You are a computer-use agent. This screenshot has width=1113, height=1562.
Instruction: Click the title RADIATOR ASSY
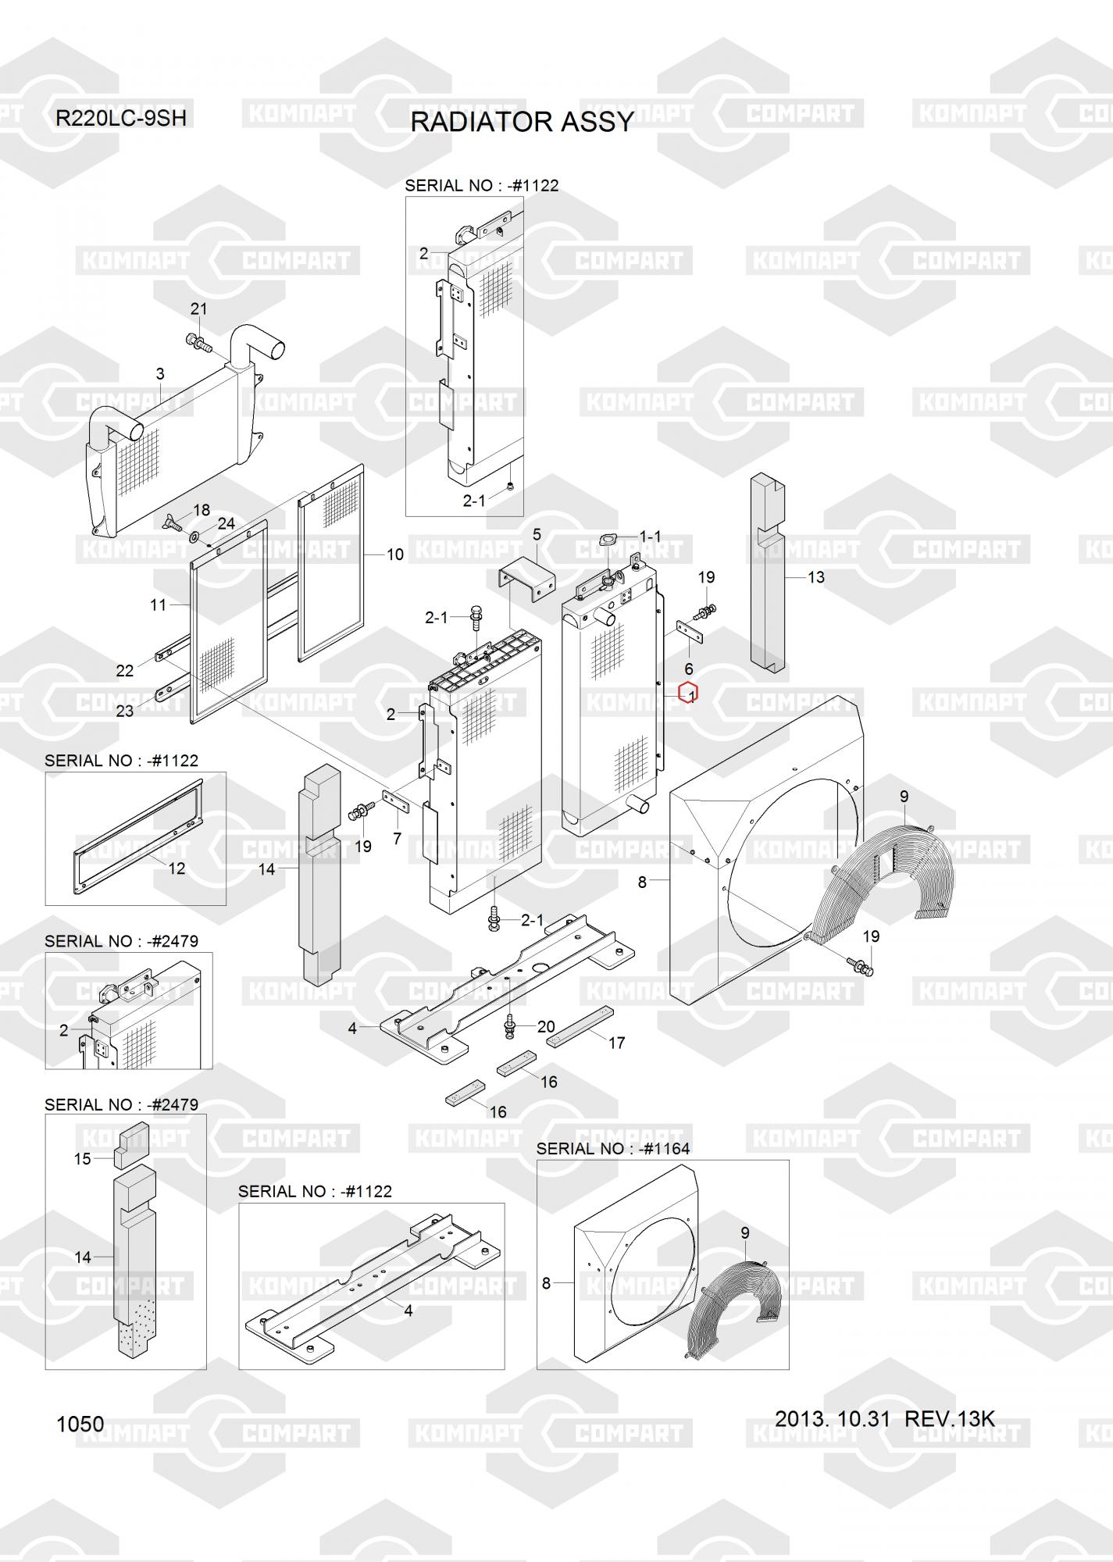(522, 123)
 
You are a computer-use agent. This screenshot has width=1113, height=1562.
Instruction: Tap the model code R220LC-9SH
(121, 119)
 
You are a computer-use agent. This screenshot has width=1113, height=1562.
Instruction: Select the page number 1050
(80, 1424)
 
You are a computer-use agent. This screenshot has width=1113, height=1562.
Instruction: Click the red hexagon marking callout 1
(688, 693)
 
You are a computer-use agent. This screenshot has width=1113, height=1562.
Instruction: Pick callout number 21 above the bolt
(199, 309)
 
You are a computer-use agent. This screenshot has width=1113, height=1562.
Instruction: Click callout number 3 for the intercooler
(160, 374)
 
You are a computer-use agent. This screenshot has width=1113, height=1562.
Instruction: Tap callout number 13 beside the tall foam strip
(815, 577)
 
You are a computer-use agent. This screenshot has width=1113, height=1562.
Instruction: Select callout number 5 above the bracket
(537, 535)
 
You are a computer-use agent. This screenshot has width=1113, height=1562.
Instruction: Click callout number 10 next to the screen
(395, 555)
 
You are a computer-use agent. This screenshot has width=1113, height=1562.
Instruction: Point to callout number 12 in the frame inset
(177, 868)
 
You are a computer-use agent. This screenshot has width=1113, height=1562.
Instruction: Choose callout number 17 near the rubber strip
(617, 1043)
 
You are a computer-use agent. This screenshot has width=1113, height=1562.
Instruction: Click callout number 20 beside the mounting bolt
(546, 1027)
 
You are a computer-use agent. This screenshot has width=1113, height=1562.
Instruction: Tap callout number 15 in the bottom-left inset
(83, 1159)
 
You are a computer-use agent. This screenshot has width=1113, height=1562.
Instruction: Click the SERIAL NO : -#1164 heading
(613, 1149)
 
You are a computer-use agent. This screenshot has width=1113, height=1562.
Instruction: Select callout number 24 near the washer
(227, 523)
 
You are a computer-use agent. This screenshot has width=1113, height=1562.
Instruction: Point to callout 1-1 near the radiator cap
(650, 537)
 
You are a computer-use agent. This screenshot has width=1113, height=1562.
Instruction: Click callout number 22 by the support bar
(125, 670)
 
